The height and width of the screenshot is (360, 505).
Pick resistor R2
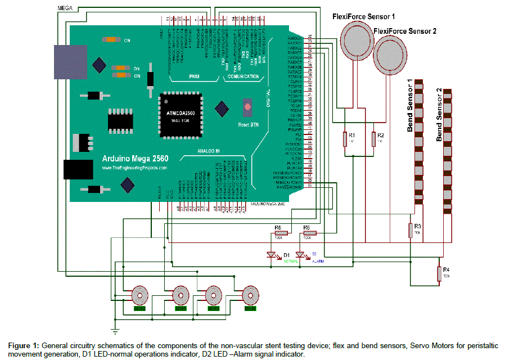point(373,138)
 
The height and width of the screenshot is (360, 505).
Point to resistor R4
point(439,273)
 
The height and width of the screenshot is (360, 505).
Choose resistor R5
point(280,233)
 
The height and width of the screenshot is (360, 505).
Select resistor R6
point(309,233)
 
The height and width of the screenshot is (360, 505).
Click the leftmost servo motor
point(139,295)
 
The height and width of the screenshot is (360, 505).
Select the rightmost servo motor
point(250,295)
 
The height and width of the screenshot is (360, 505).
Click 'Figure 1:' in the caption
point(23,345)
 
